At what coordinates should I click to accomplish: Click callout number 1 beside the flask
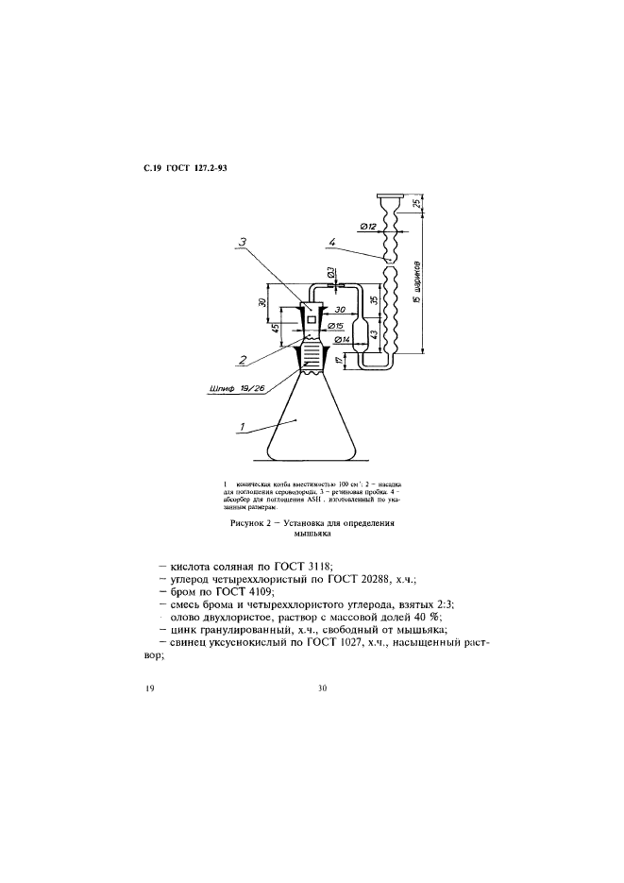tap(243, 426)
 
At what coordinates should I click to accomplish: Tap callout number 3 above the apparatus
tap(244, 244)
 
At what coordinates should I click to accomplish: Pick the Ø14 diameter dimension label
tap(342, 339)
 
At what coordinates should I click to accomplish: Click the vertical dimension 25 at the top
tap(418, 203)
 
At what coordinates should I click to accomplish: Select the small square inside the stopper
tap(312, 322)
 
